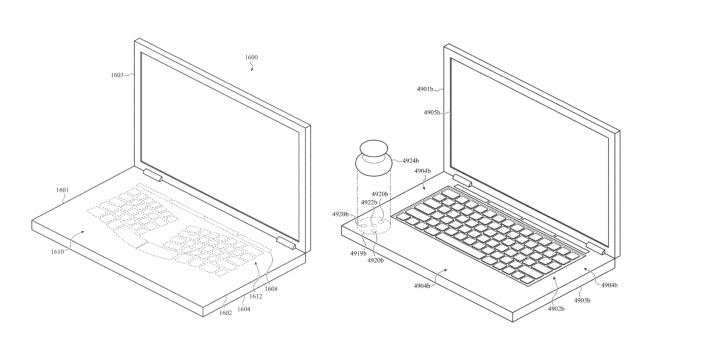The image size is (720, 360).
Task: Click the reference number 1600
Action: (x=251, y=57)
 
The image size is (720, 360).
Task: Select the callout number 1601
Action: (x=62, y=190)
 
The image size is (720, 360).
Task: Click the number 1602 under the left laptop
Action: (x=226, y=313)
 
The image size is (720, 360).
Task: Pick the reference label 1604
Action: (x=243, y=308)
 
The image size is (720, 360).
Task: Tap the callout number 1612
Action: (x=257, y=297)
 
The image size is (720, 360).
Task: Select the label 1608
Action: (x=271, y=288)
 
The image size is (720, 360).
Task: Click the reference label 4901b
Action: (x=426, y=89)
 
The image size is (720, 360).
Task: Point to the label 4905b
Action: (x=430, y=113)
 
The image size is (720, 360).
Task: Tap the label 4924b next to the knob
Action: (x=409, y=159)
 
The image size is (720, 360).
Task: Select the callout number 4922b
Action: (x=368, y=203)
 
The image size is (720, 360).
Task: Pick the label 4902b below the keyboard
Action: (x=556, y=309)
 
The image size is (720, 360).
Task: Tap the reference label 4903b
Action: (x=581, y=300)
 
